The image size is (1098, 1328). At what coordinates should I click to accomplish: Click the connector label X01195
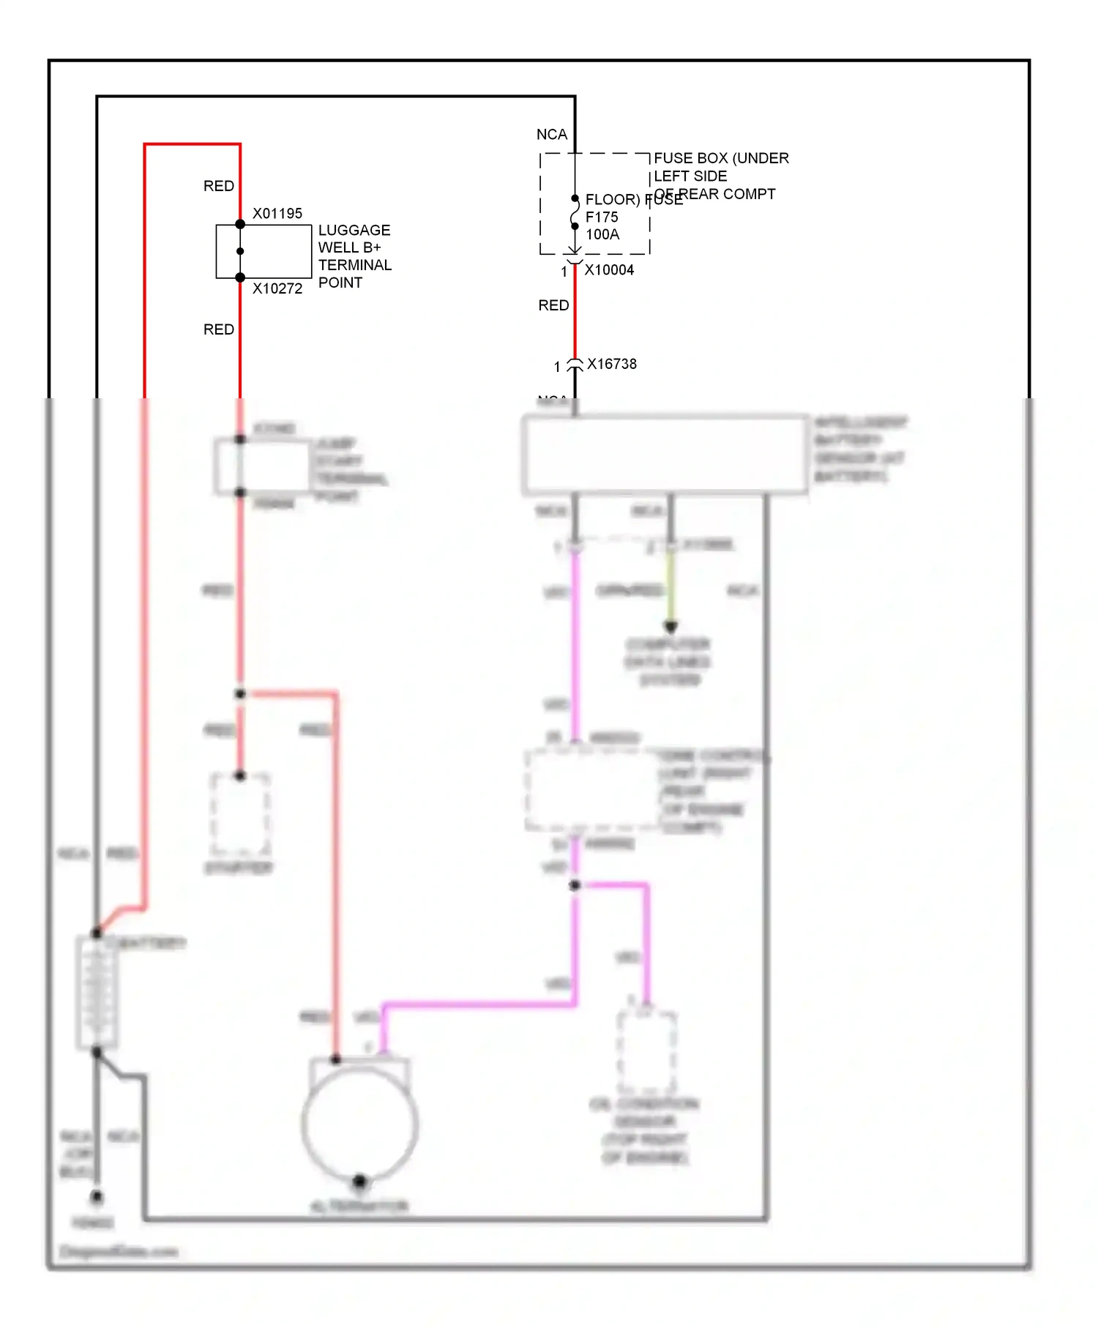coord(277,214)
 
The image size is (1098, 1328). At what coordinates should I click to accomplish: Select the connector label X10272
coord(277,288)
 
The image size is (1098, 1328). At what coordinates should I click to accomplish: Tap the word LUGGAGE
coord(354,230)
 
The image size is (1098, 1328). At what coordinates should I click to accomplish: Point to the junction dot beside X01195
coord(240,224)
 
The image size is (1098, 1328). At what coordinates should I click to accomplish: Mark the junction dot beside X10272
coord(240,277)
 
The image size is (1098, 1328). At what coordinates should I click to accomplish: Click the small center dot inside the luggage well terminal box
coord(240,251)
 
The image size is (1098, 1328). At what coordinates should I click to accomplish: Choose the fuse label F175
coord(602,217)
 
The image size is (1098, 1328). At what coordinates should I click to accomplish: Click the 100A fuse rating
coord(602,234)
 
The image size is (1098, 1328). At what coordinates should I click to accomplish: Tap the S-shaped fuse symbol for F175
coord(575,212)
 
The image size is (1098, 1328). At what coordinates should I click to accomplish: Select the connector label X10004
coord(609,270)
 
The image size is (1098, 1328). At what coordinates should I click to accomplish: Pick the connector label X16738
coord(612,364)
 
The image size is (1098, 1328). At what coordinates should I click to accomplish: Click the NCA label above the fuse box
coord(552,135)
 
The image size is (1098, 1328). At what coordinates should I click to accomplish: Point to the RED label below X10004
coord(553,305)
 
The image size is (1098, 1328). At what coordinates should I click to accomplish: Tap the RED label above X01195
coord(219,186)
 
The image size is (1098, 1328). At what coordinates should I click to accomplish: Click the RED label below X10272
coord(219,329)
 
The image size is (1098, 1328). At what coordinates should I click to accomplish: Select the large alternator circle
coord(359,1124)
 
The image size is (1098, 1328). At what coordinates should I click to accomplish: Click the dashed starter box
coord(240,814)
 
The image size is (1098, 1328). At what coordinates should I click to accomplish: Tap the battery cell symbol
coord(97,992)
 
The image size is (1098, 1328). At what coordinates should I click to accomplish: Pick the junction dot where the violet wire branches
coord(575,885)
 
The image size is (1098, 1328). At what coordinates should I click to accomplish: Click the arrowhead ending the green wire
coord(671,627)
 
